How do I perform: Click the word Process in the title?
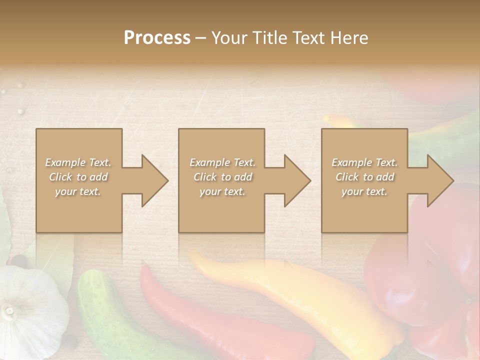[157, 38]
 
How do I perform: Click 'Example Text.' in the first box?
[78, 162]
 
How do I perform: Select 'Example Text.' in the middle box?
[222, 162]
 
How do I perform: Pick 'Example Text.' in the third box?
[364, 162]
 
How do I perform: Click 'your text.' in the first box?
[78, 191]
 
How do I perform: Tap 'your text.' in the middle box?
[222, 191]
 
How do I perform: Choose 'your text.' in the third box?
[364, 191]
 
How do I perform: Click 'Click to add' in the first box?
[78, 177]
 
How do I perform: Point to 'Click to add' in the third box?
[364, 177]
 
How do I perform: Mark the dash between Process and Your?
[200, 38]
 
